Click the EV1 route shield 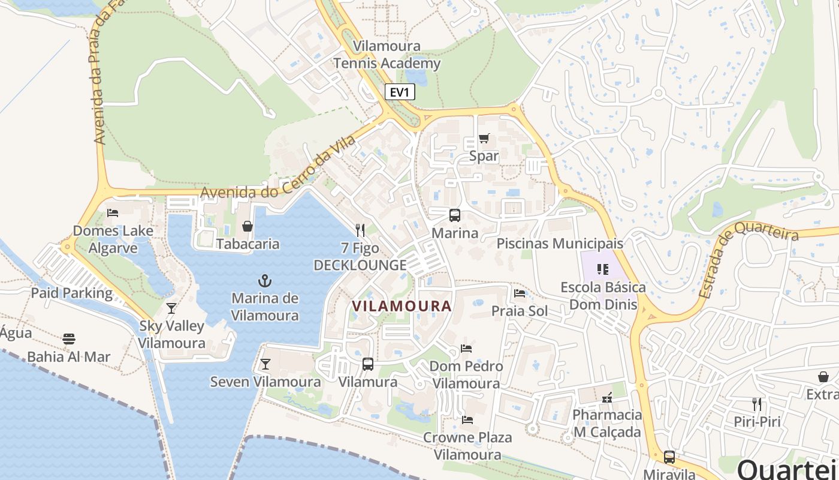(x=399, y=92)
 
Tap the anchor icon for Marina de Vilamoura (x=264, y=280)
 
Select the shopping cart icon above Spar (x=484, y=139)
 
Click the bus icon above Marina (x=455, y=215)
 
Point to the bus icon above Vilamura (x=368, y=364)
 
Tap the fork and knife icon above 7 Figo (x=360, y=230)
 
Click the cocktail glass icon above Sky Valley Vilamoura (x=171, y=308)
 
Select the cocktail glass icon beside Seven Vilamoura (x=265, y=364)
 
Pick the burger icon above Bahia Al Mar (x=69, y=339)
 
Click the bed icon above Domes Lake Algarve (x=113, y=212)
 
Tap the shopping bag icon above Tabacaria (x=247, y=226)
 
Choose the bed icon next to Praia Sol (x=520, y=293)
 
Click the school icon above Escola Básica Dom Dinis (x=602, y=269)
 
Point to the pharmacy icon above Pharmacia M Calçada (x=607, y=397)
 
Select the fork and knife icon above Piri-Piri (x=757, y=404)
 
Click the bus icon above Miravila (x=669, y=457)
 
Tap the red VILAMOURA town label (x=402, y=306)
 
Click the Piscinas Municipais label (x=560, y=244)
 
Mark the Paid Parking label (x=72, y=293)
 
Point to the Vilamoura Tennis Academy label (x=387, y=55)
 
